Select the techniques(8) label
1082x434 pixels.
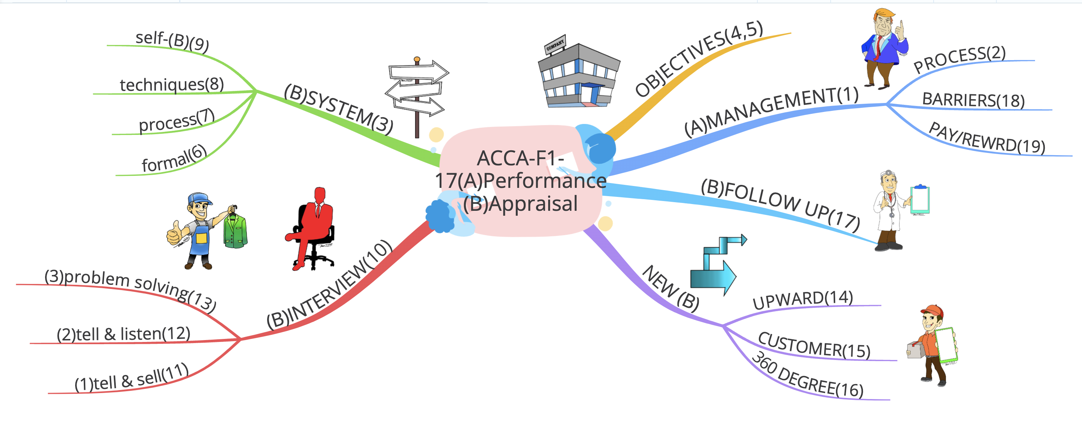tap(171, 85)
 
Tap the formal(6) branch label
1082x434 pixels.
tap(174, 159)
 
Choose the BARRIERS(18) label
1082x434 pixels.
tap(973, 100)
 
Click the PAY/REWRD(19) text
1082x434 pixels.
tap(987, 138)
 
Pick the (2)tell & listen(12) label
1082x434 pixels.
tap(124, 334)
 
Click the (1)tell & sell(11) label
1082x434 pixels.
tap(131, 378)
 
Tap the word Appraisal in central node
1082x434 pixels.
tap(533, 204)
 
